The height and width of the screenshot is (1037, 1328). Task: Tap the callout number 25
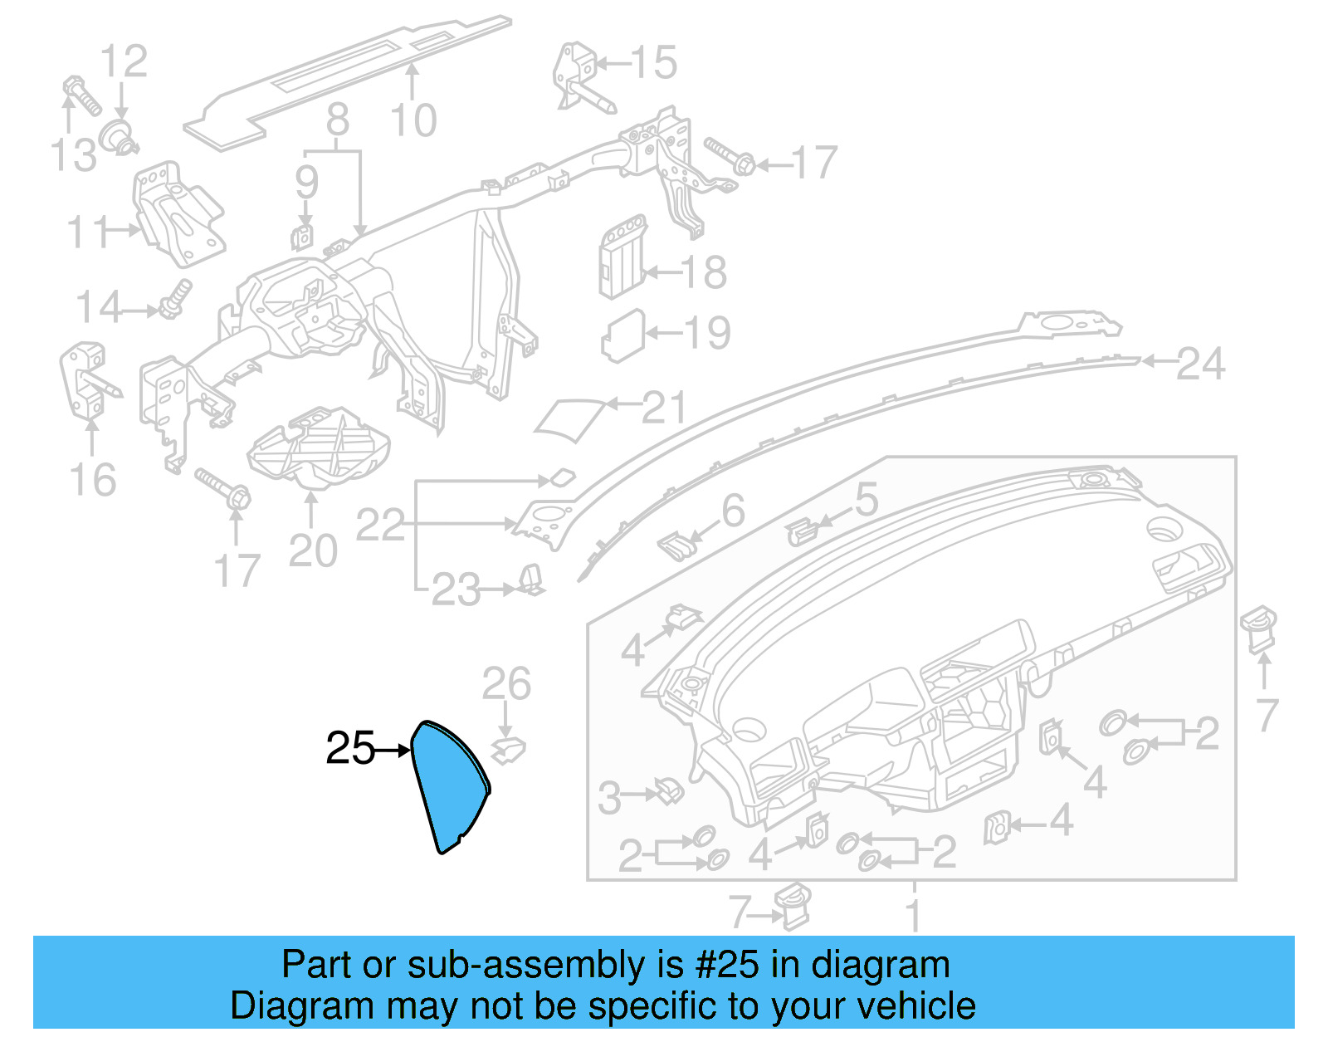[350, 748]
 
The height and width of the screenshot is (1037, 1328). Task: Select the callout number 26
[506, 684]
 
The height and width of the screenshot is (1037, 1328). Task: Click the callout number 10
[413, 121]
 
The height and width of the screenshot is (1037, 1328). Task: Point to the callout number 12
[124, 61]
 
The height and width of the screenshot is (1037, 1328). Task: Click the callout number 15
[653, 62]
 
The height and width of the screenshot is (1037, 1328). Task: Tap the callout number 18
[704, 272]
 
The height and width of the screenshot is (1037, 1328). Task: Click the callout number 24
[1200, 364]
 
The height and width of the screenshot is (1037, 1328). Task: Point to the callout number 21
[665, 408]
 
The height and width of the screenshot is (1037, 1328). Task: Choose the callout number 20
[313, 550]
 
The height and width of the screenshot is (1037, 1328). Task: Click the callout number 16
[92, 480]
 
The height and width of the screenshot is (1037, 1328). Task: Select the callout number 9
[306, 182]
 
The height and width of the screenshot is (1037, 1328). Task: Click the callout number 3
[609, 798]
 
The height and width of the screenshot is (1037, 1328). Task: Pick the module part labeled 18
[622, 257]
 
